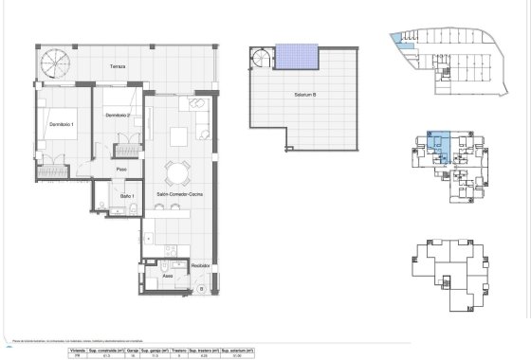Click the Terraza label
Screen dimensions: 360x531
coord(117,67)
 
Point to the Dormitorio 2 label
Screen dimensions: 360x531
coord(118,116)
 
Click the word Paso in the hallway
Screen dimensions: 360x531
coord(121,169)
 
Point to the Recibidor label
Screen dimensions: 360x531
coord(200,265)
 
